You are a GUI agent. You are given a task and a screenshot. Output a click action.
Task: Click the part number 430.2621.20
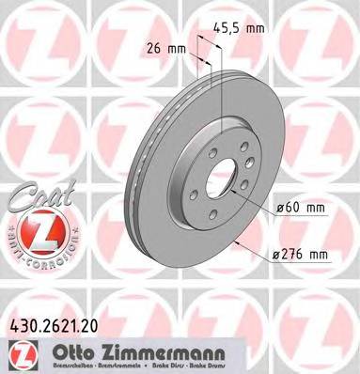(x=58, y=325)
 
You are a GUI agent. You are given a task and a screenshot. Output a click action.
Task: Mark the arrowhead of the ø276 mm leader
(x=231, y=239)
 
